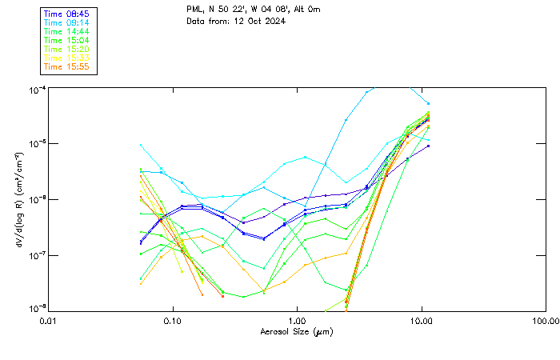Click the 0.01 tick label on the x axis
[x=48, y=320]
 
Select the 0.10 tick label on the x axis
[x=172, y=320]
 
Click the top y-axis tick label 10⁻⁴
[x=38, y=89]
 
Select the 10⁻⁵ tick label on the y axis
[x=38, y=144]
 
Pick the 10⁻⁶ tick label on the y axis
[x=38, y=200]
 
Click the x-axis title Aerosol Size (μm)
[x=296, y=331]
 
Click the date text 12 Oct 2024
[x=259, y=21]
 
